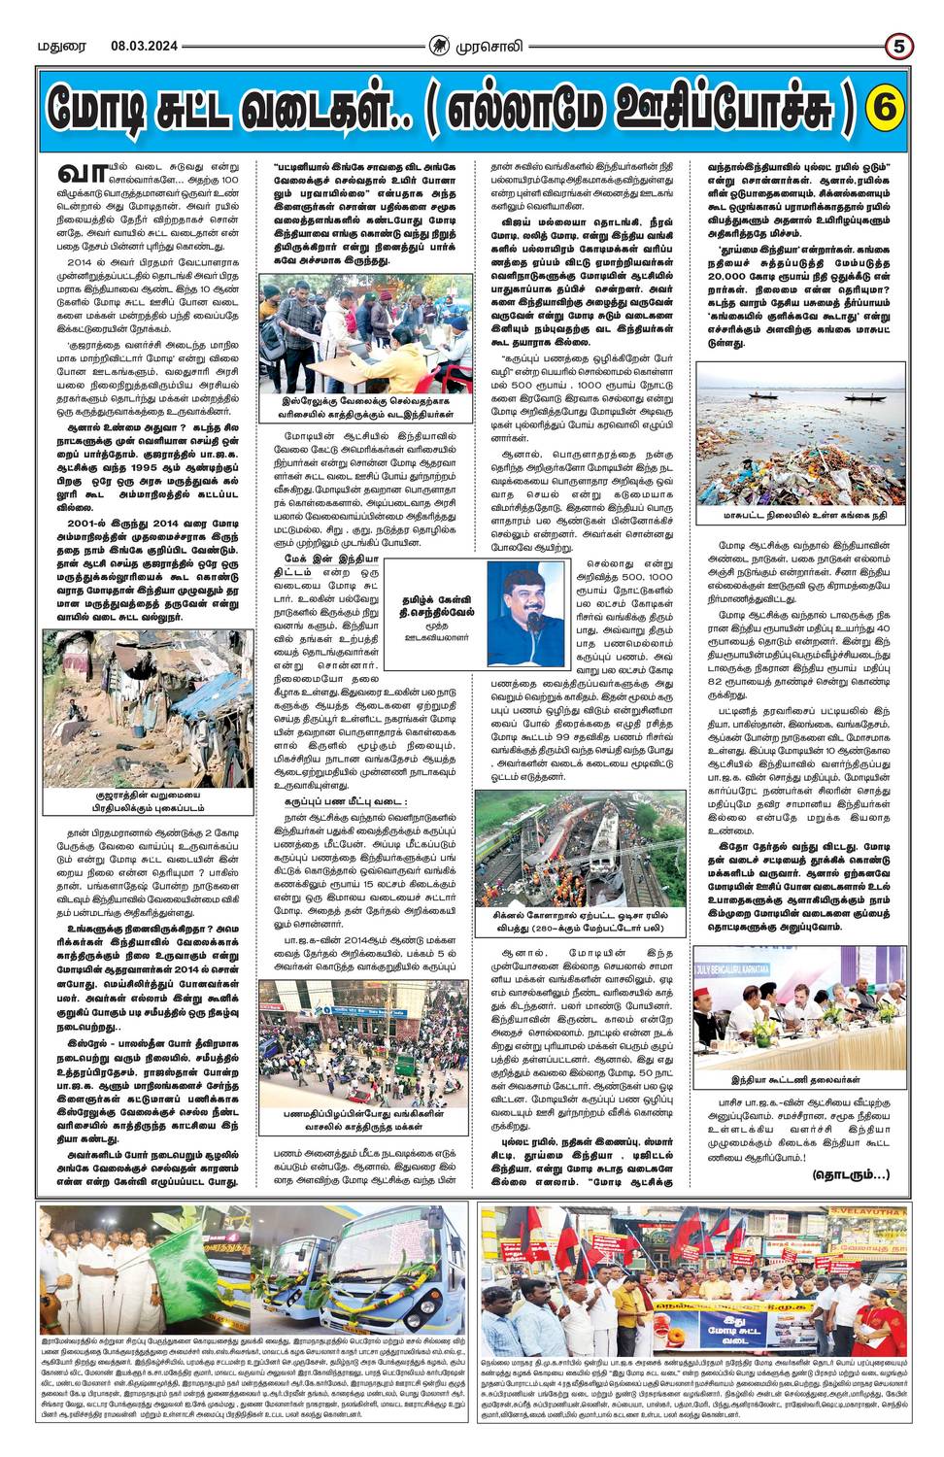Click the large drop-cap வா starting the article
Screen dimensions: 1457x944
79,173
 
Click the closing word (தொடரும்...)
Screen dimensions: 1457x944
850,1175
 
